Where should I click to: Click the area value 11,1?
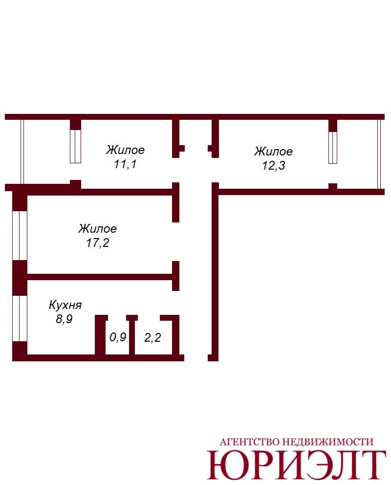pos(125,164)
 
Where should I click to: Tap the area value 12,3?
pos(274,165)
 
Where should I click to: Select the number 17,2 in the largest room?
pos(97,243)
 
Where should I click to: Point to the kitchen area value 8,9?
pos(64,319)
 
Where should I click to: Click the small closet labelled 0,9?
pos(118,337)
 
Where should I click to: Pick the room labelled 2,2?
pos(152,337)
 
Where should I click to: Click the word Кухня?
pos(65,305)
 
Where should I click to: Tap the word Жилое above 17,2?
pos(97,229)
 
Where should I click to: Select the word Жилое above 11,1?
pos(125,150)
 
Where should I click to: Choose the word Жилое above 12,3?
pos(273,151)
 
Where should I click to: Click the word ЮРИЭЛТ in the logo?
pos(296,464)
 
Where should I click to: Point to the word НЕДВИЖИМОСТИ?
pos(328,441)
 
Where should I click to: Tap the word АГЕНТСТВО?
pos(250,441)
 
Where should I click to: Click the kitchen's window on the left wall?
pos(20,318)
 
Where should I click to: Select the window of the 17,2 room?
pos(20,235)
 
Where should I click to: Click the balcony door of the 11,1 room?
pos(75,146)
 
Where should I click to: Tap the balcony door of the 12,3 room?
pos(332,148)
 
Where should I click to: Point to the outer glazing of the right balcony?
pos(379,154)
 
